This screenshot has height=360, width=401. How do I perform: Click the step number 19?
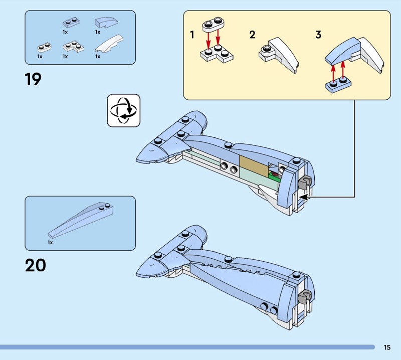pos(33,79)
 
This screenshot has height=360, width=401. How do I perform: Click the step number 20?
pos(35,265)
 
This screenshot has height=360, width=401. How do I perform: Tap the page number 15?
pos(387,347)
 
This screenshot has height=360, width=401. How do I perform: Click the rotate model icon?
pos(124,110)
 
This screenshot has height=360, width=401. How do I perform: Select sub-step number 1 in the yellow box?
pos(192,35)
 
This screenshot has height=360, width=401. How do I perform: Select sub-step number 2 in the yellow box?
pos(252,35)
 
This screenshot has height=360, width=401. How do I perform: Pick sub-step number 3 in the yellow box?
pos(318,35)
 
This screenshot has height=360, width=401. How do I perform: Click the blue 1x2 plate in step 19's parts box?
pos(70,23)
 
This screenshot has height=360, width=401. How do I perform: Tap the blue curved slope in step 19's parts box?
pos(106,23)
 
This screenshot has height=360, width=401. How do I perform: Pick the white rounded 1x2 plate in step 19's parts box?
pos(44,48)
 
